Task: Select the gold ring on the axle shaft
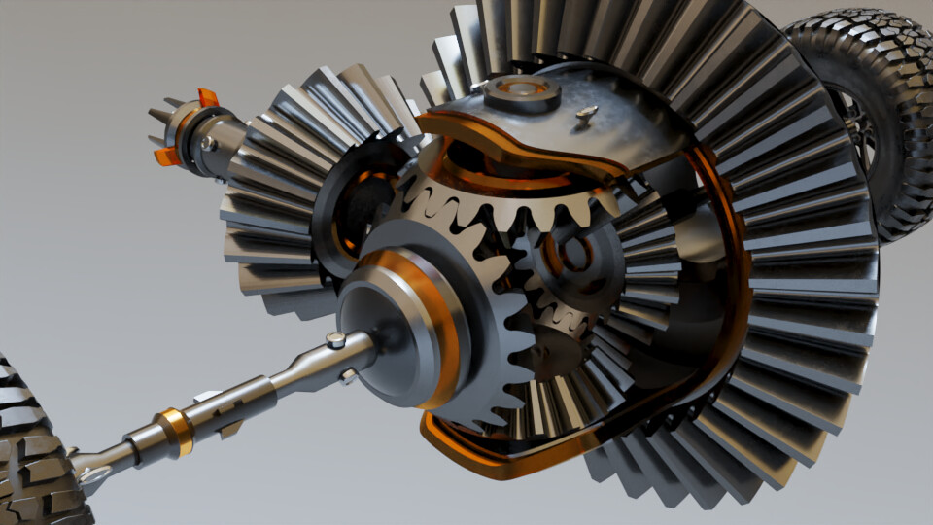176,431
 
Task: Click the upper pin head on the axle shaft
335,340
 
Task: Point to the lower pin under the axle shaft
347,375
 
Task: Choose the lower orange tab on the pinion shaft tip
167,156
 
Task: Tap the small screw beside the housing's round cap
586,114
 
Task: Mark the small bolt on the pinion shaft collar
207,144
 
